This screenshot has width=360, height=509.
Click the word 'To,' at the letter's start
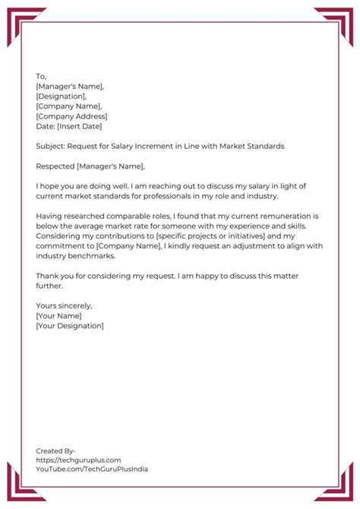pyautogui.click(x=41, y=77)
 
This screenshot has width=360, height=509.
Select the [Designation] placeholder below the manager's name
pyautogui.click(x=62, y=96)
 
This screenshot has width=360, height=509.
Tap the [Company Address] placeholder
pyautogui.click(x=71, y=116)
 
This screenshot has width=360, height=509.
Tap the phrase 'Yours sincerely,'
pyautogui.click(x=64, y=305)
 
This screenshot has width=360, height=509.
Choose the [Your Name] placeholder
pyautogui.click(x=59, y=315)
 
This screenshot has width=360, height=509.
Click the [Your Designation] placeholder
pyautogui.click(x=70, y=325)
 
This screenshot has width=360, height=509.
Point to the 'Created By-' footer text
pyautogui.click(x=55, y=451)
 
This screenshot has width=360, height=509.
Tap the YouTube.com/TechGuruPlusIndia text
pyautogui.click(x=92, y=469)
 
